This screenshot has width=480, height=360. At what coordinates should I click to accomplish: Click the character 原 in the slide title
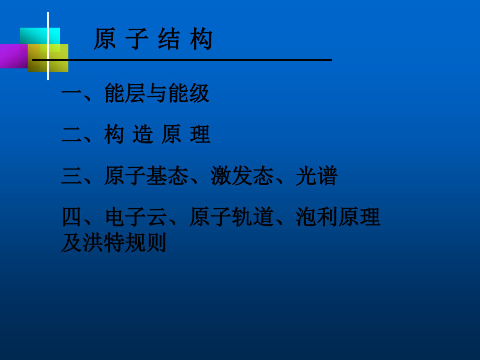104,39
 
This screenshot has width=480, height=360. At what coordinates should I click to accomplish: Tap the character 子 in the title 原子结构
137,39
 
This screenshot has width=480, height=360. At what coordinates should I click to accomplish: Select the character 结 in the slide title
169,39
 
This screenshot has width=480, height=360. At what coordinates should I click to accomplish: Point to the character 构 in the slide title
201,39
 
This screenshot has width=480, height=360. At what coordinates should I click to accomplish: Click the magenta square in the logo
13,56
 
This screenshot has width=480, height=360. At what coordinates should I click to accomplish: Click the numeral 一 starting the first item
71,94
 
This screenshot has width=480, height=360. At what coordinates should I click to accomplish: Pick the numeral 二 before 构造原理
71,135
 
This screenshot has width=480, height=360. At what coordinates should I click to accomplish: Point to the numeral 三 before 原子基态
71,176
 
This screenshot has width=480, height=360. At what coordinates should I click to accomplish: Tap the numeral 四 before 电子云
71,217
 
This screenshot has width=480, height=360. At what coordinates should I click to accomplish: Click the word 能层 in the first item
125,93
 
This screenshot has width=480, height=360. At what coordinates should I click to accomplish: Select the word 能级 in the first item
188,93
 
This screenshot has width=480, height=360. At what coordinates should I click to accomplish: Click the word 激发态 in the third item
242,176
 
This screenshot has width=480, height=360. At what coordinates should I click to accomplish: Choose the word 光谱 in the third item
316,176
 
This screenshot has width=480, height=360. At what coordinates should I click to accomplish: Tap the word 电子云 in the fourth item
136,217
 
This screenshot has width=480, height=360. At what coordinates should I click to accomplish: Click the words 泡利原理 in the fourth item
338,217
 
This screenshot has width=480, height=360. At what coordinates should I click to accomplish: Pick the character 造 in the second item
142,135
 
